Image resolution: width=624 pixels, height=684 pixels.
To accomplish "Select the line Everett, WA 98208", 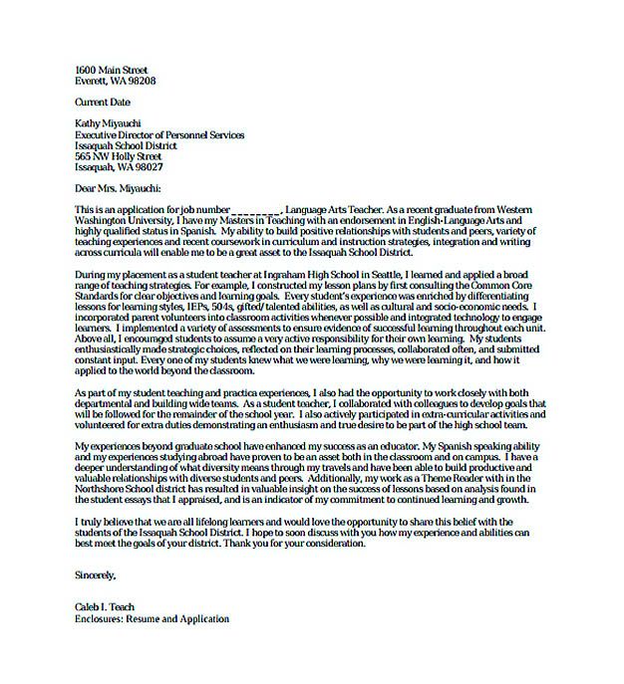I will click(115, 79).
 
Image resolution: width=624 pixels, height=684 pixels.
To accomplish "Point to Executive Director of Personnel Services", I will click(159, 134).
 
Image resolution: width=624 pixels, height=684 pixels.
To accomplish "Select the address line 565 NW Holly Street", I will click(118, 156).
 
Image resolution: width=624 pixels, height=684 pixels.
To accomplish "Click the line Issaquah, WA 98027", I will click(118, 167).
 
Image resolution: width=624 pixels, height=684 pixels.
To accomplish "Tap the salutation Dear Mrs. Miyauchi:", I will click(117, 188).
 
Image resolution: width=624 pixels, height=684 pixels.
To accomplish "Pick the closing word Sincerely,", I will click(96, 574).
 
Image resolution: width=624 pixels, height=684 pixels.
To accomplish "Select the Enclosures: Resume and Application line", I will click(152, 618).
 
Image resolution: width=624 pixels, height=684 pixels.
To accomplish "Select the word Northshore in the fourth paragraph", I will click(104, 490).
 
